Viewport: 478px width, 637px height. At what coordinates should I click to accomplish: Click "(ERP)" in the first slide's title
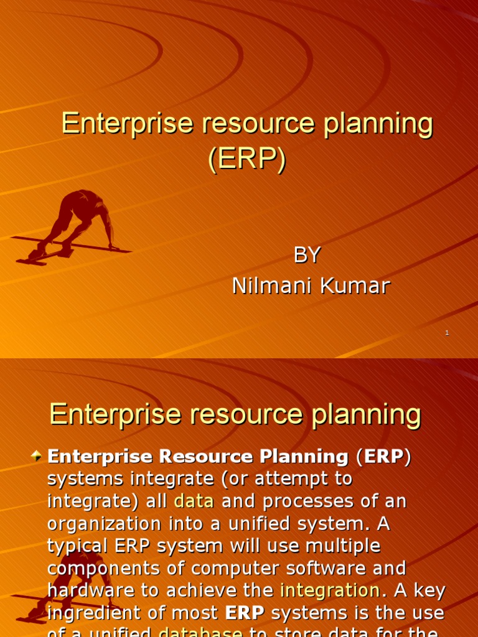coord(247,159)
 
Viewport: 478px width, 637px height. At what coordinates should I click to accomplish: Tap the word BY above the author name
coord(306,255)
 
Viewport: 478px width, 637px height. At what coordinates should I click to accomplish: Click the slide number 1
coord(447,334)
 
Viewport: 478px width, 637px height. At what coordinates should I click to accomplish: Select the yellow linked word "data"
coord(194,501)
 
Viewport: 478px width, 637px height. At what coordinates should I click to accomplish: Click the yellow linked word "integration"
coord(330,590)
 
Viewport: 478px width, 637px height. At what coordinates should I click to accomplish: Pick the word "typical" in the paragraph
coord(78,546)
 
